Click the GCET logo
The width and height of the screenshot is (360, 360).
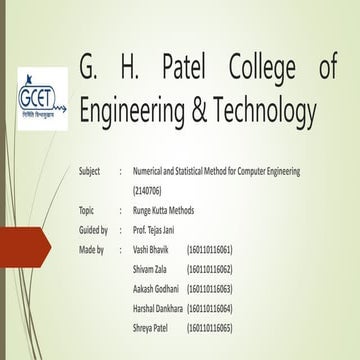tap(42, 99)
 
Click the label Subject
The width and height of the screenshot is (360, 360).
tap(89, 171)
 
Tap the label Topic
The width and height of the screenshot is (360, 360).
tap(86, 210)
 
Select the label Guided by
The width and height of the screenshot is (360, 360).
tap(92, 230)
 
